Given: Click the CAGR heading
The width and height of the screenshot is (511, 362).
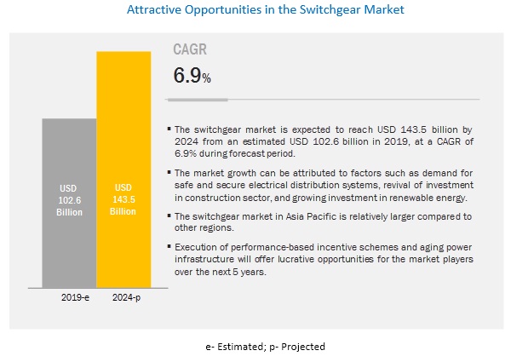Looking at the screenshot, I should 192,49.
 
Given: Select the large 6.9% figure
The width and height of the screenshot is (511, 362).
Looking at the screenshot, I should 192,77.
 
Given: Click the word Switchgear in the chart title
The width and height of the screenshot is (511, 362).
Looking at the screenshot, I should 319,12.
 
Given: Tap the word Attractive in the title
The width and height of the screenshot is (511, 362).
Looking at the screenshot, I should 155,12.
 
